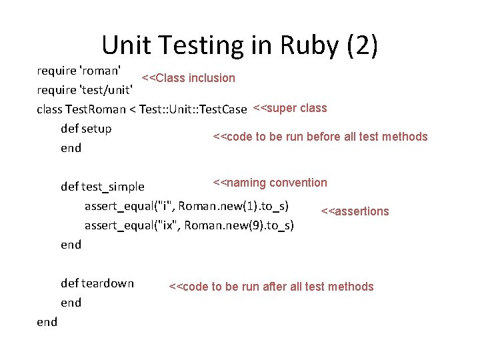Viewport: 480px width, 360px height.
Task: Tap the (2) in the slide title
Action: point(363,45)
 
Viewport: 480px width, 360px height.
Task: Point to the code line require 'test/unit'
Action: point(88,89)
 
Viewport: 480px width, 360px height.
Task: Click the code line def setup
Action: point(86,128)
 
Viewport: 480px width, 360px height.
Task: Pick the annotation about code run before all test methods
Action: point(320,137)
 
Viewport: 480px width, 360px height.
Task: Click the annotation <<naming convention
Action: point(270,183)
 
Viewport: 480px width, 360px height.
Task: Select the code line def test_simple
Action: point(102,186)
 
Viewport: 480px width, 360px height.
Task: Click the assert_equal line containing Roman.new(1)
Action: point(186,205)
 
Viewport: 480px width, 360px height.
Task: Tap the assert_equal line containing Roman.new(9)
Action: point(189,225)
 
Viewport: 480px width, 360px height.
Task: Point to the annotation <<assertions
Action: point(355,211)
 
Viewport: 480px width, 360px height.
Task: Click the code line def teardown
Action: point(97,283)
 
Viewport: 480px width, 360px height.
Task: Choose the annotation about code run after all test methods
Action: point(271,287)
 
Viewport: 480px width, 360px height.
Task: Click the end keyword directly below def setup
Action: point(71,148)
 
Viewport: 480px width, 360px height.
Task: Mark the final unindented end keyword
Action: point(47,322)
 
